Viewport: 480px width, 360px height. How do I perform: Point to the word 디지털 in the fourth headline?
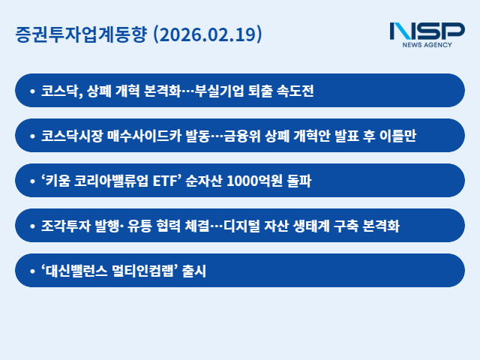[263, 226]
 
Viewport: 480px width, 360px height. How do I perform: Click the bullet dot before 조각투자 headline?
[31, 226]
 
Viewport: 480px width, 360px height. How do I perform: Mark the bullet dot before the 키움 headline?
[31, 181]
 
